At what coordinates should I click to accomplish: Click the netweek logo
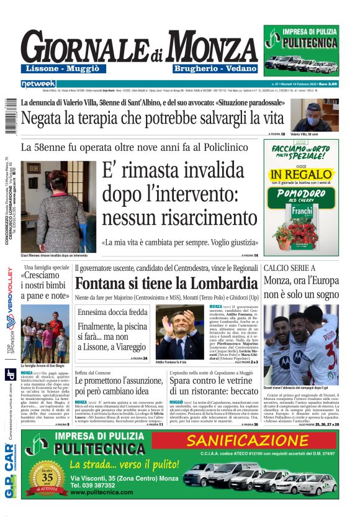[x=38, y=84]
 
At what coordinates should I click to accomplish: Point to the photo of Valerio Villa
[x=323, y=117]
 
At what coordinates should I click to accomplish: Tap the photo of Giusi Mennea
[x=58, y=206]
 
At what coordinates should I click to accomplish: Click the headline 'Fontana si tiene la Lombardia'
[x=166, y=283]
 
